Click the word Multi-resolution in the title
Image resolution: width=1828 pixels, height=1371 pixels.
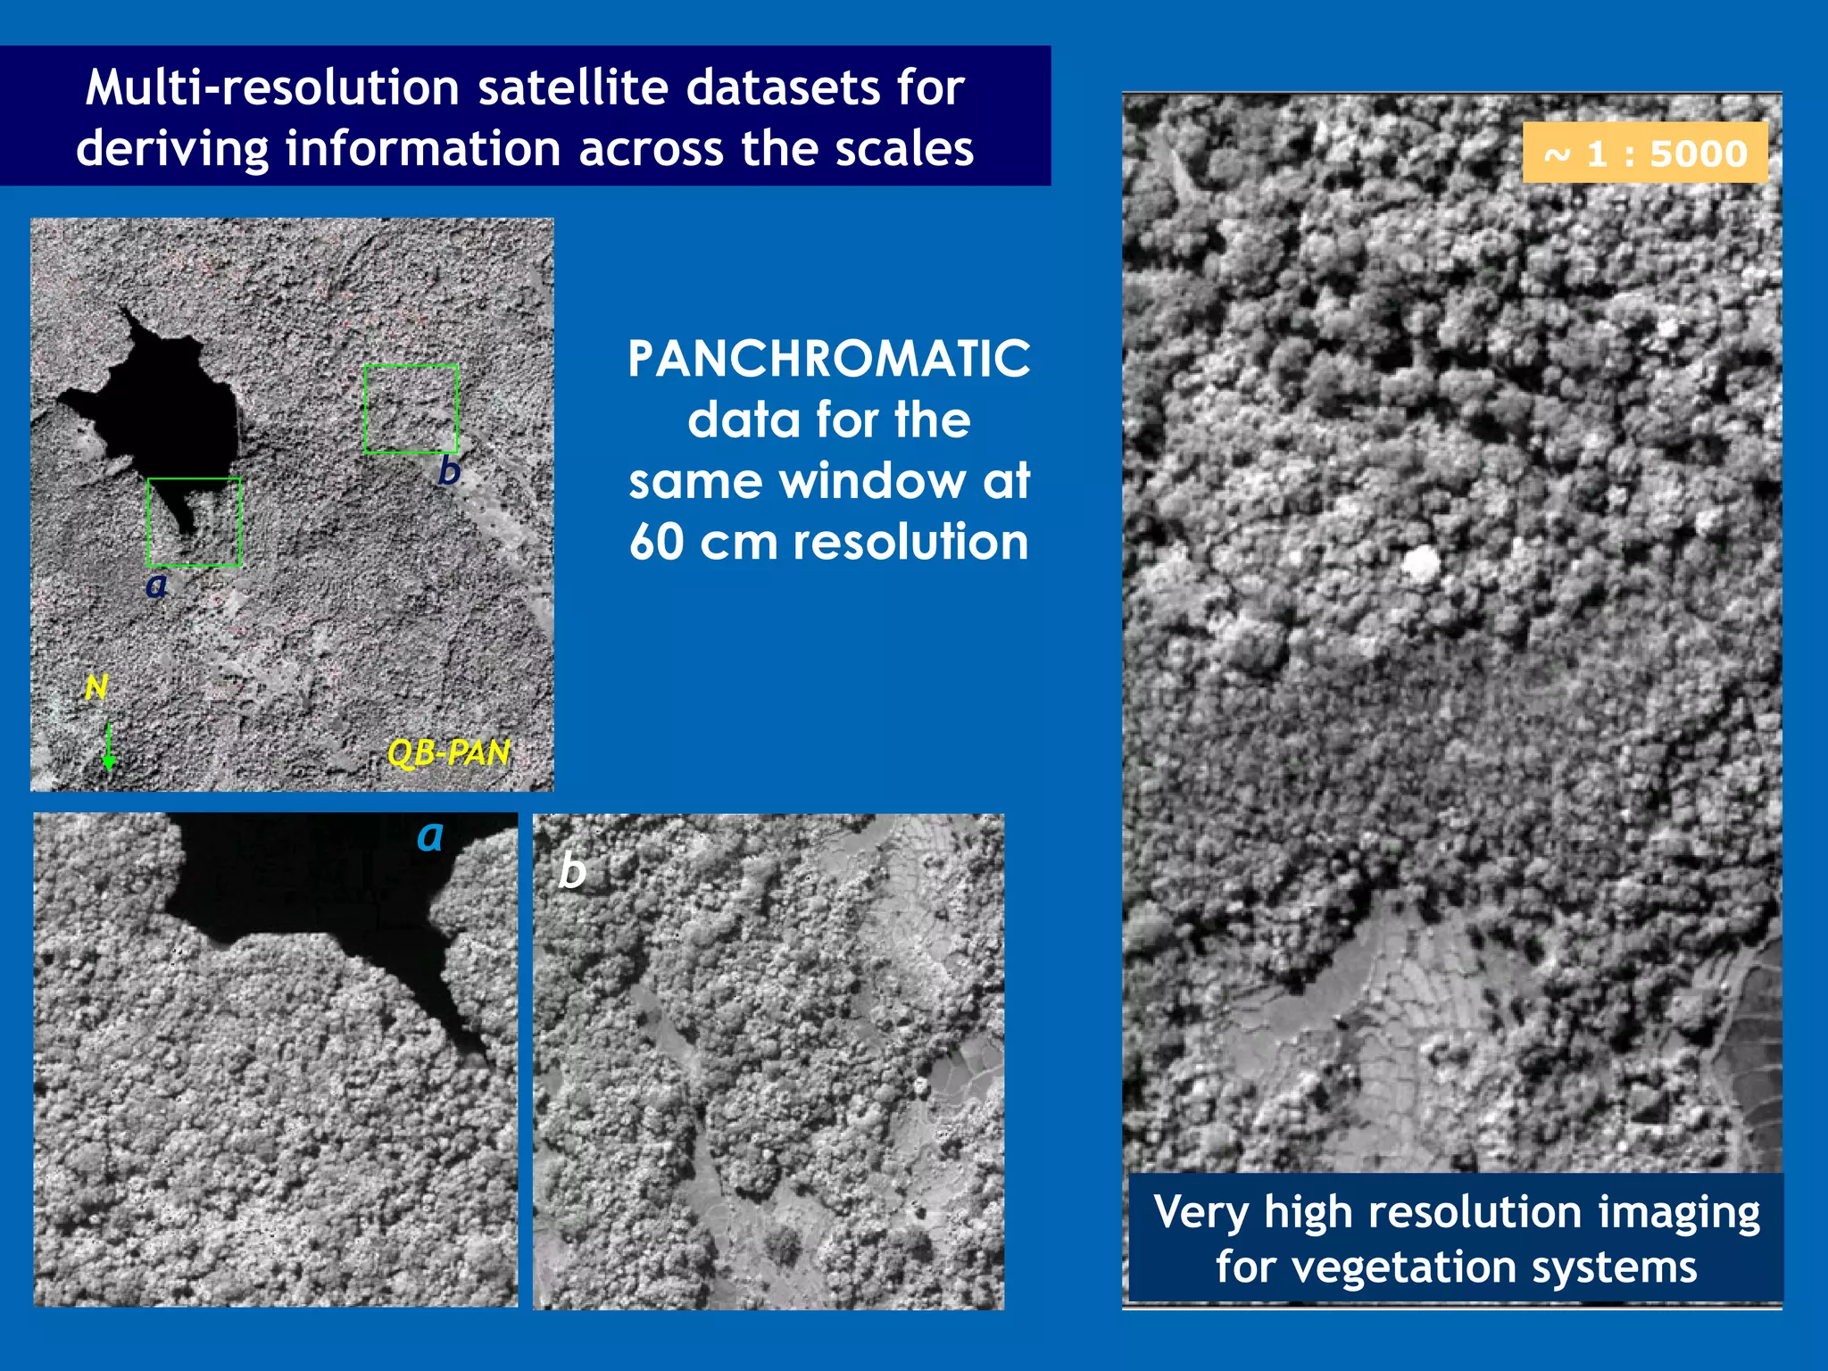(x=272, y=88)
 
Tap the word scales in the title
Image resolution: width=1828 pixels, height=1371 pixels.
(x=903, y=149)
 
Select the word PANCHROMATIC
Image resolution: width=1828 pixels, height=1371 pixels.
(x=828, y=359)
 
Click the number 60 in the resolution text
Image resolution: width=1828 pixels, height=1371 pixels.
(x=657, y=542)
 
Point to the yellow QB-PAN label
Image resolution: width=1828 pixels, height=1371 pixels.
(x=449, y=753)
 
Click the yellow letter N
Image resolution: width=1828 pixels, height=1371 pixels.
(x=96, y=687)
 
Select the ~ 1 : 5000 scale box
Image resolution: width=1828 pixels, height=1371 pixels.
(x=1644, y=154)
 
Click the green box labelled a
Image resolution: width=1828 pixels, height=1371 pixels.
(x=194, y=522)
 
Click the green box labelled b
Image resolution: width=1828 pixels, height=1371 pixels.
(x=411, y=409)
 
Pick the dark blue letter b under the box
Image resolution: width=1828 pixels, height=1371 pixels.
(x=449, y=470)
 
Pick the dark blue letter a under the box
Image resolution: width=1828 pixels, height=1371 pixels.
(x=156, y=586)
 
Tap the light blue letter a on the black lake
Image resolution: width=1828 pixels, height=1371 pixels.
(x=430, y=836)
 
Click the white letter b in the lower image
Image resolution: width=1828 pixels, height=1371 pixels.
(x=572, y=871)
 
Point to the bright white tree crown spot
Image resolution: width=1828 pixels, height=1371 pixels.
(x=1421, y=564)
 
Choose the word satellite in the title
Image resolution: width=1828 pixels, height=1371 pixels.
(x=573, y=88)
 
